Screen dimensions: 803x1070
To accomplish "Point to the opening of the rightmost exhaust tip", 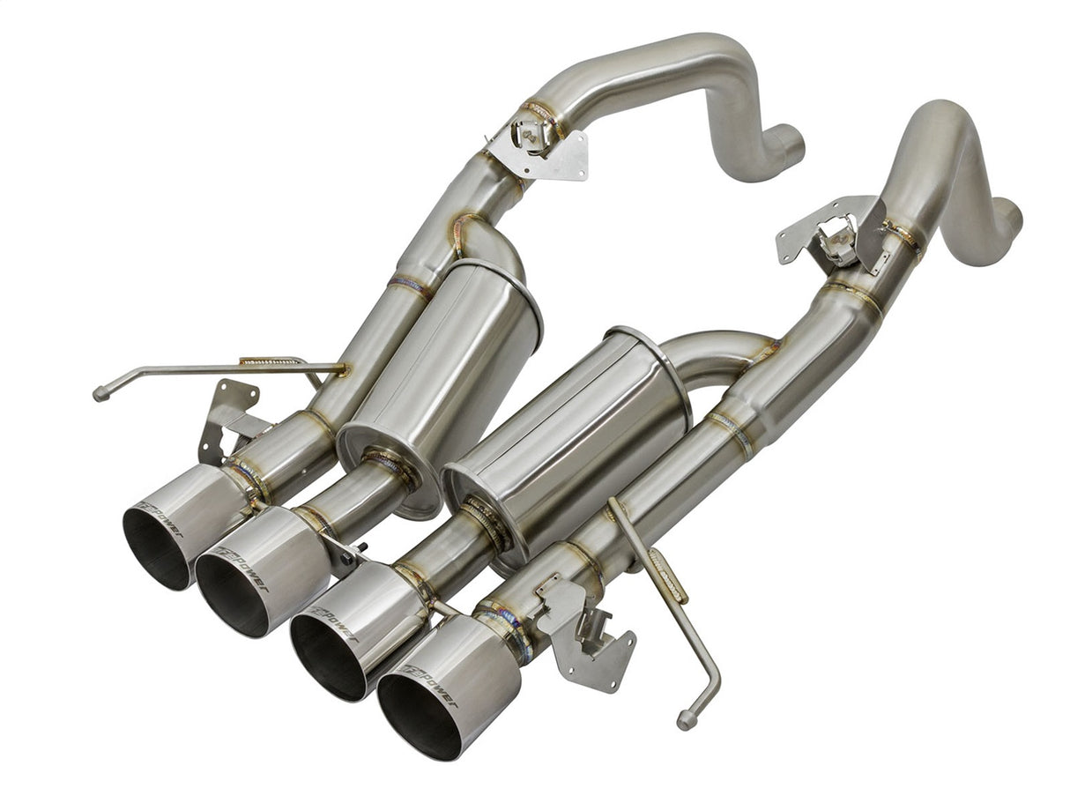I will coord(419,715).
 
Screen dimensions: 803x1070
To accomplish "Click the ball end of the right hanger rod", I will coord(686,721).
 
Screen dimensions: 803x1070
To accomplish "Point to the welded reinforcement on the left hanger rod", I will coord(269,361).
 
